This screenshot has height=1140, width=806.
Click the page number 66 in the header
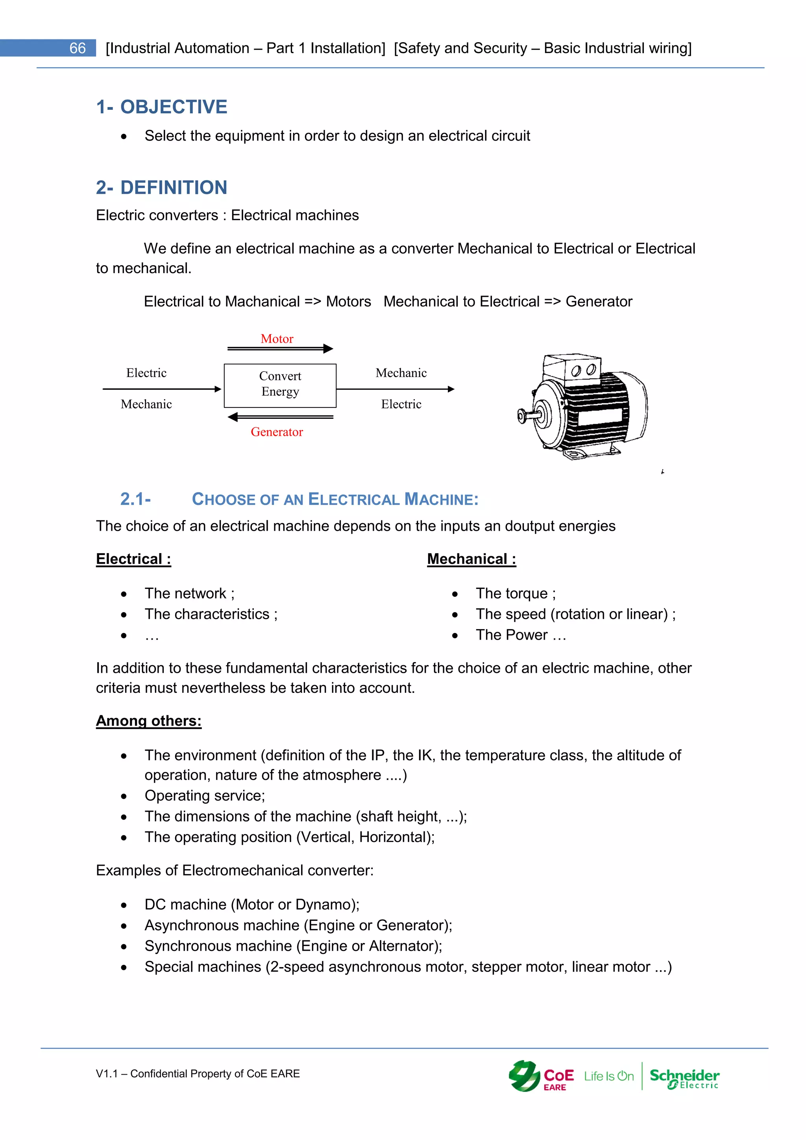[78, 48]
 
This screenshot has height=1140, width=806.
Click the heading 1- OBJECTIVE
[161, 107]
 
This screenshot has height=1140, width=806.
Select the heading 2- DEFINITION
[161, 188]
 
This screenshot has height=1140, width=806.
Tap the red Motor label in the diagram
[277, 339]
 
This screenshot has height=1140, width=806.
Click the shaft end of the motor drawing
[522, 415]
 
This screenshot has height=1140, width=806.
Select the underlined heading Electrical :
[133, 559]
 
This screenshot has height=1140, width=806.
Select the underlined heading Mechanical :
[471, 559]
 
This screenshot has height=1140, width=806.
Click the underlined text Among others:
[148, 721]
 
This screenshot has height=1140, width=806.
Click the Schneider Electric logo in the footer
[684, 1077]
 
